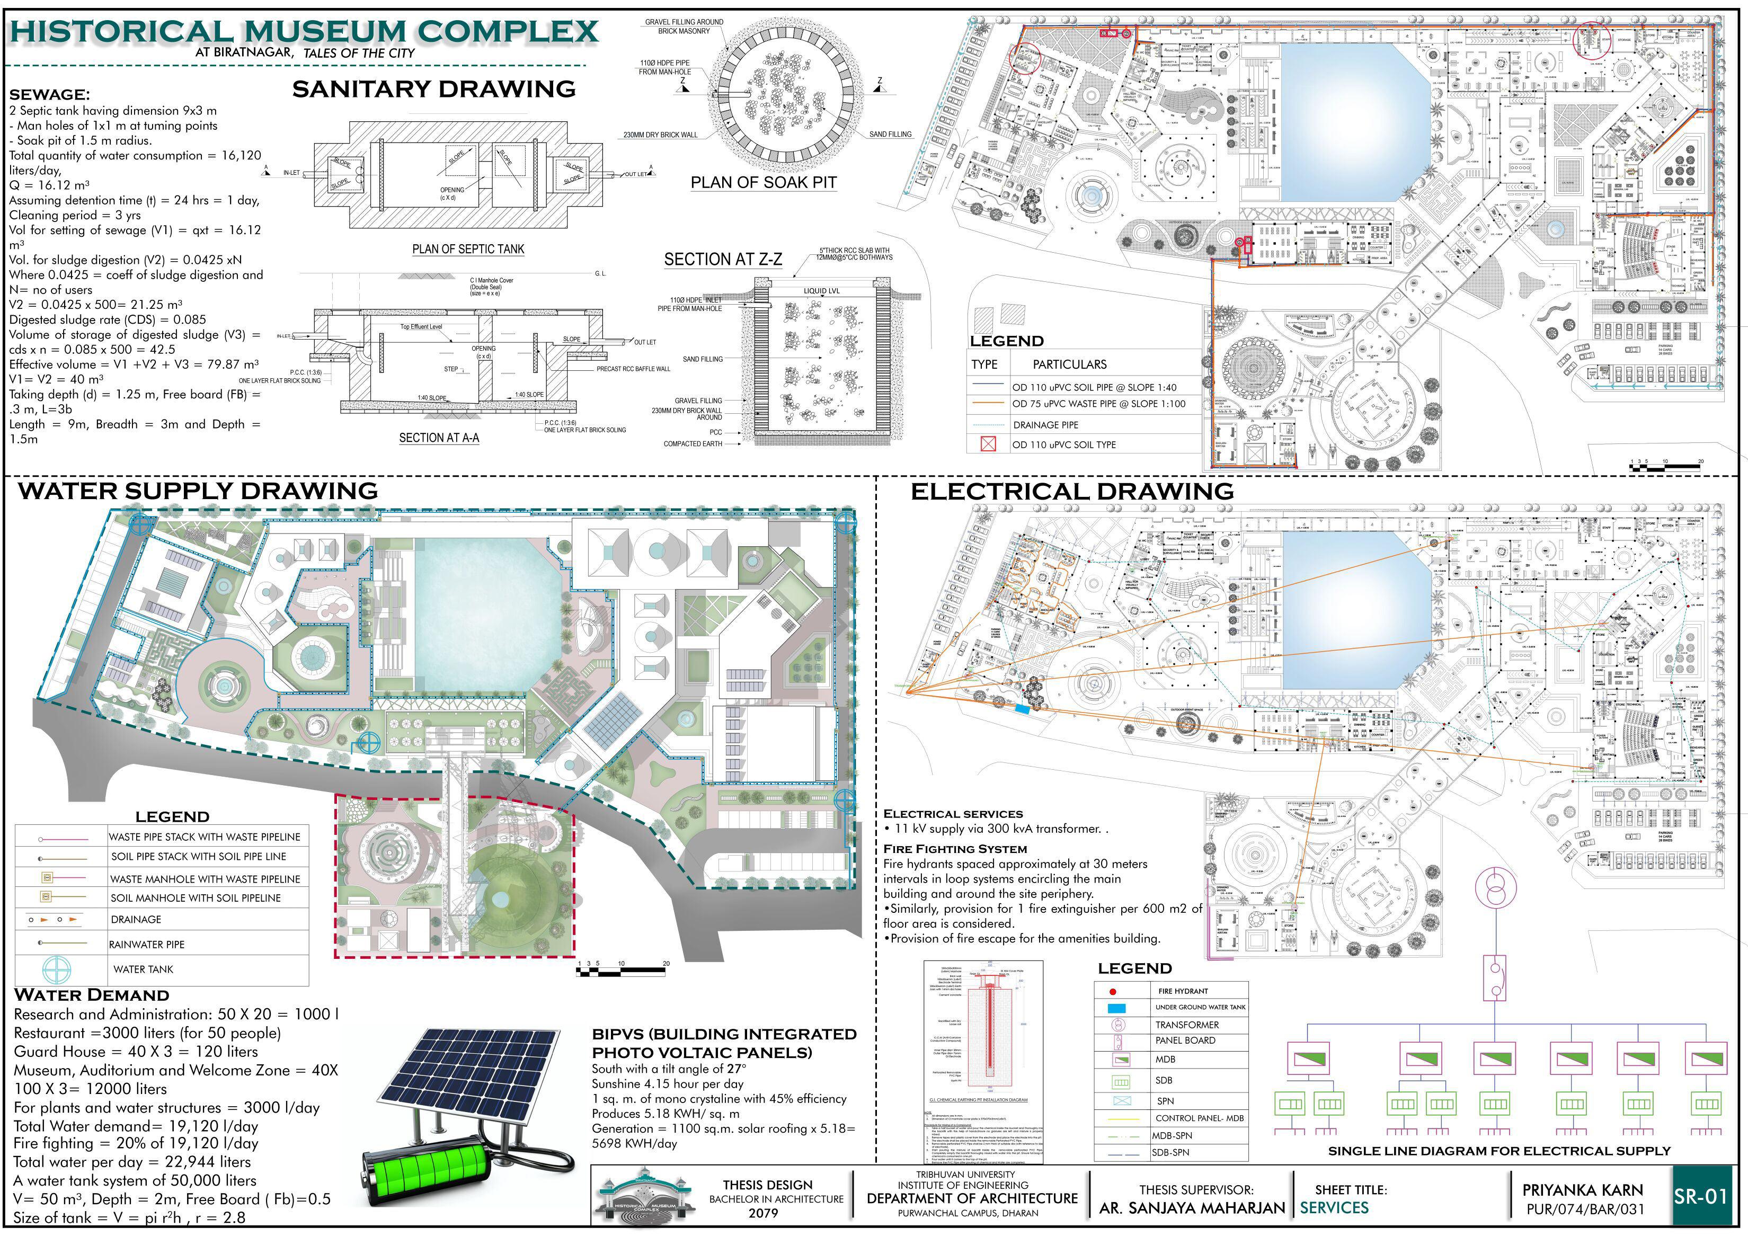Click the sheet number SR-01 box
(1699, 1196)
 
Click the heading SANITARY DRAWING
(434, 89)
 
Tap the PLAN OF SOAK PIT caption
(763, 183)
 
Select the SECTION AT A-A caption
(439, 438)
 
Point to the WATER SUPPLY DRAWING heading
(198, 491)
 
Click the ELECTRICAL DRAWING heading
(1072, 492)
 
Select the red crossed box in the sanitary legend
(988, 444)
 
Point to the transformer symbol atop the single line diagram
(1495, 888)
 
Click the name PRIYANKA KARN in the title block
(1583, 1189)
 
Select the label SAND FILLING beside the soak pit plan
(890, 135)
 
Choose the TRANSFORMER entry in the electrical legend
(1187, 1025)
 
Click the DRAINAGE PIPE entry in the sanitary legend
(1045, 425)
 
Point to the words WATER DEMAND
(91, 995)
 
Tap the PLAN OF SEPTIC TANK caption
(468, 249)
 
